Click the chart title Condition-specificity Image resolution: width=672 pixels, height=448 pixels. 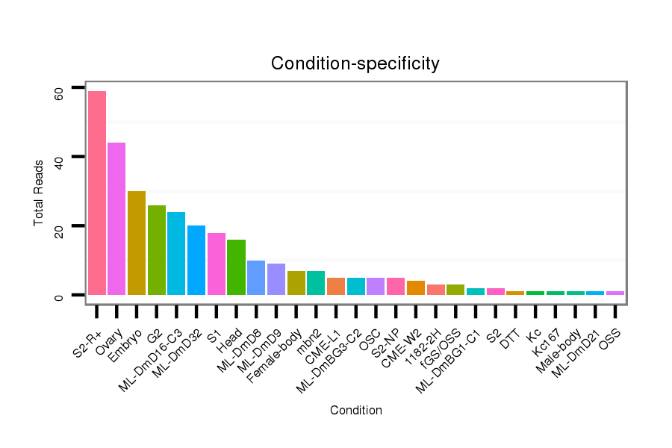click(355, 63)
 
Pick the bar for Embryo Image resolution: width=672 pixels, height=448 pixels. click(137, 243)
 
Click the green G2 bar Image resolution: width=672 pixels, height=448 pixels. click(157, 250)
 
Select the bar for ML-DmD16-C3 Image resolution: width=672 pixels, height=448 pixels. click(176, 253)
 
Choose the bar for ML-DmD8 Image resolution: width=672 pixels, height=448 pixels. click(256, 278)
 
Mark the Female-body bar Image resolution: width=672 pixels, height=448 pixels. click(296, 283)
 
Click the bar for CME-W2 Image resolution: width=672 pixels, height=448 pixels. click(415, 287)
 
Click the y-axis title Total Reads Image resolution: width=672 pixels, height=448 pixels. click(39, 192)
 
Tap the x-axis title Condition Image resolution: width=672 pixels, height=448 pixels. click(355, 411)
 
